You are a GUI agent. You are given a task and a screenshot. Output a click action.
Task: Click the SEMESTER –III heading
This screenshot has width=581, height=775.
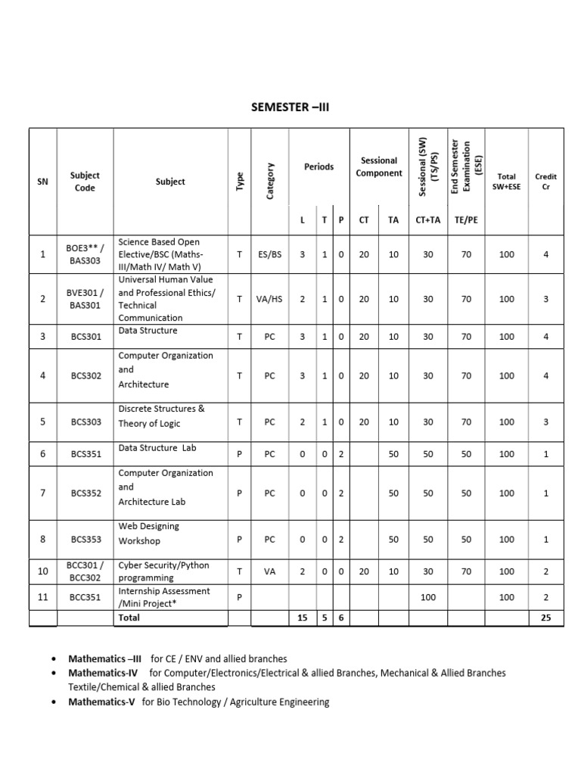[x=290, y=107]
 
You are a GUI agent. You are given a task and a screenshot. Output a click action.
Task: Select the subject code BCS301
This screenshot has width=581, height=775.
[x=85, y=336]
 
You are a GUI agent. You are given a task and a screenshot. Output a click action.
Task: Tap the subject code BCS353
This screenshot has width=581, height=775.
[x=85, y=540]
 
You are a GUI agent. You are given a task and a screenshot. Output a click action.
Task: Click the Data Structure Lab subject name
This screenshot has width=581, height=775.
[x=157, y=448]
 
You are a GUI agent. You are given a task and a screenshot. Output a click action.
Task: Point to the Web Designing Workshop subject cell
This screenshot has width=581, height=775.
[x=150, y=534]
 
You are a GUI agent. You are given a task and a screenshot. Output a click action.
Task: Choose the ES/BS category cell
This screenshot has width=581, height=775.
[x=269, y=255]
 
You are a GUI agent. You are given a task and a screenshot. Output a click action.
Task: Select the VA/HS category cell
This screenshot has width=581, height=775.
[x=269, y=299]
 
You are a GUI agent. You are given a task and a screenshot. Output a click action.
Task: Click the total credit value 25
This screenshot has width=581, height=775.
[x=546, y=618]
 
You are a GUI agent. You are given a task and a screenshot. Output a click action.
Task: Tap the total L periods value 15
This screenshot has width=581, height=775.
[x=302, y=618]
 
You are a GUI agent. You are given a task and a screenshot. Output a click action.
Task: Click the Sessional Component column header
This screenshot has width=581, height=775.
[x=378, y=167]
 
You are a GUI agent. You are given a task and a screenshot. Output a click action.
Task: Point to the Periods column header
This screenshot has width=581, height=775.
[x=318, y=167]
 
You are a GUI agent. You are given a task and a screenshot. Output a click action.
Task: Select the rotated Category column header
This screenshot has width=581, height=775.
[x=270, y=182]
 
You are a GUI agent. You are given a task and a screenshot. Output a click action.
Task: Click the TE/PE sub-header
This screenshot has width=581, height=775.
[x=466, y=219]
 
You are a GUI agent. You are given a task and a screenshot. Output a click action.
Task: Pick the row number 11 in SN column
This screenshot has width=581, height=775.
[x=43, y=597]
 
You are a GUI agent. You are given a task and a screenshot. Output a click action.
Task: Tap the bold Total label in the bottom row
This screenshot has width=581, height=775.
[x=129, y=618]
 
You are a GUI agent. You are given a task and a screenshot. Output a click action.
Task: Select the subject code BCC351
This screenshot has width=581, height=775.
[x=85, y=597]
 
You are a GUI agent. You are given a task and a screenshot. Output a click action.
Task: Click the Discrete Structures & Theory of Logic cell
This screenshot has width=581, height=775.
[x=162, y=416]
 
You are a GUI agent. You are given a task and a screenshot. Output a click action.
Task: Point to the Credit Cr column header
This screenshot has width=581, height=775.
[x=546, y=182]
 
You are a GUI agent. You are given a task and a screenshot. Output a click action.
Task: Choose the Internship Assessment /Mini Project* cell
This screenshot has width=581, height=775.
[x=164, y=597]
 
